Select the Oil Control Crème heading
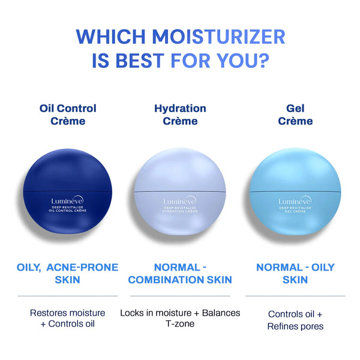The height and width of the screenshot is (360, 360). coord(68,115)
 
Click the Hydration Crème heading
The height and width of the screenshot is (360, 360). coord(180,115)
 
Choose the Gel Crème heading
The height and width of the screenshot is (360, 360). coord(295,115)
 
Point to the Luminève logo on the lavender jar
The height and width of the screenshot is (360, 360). coord(179,202)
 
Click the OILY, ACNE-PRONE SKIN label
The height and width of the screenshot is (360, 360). coord(68,273)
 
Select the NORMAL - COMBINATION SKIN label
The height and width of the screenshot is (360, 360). coord(180,273)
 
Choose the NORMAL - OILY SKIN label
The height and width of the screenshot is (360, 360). coord(295,273)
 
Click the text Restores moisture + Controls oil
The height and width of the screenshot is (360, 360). coord(68,319)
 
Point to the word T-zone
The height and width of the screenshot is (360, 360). coord(180,324)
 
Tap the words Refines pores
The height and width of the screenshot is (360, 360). coord(295,326)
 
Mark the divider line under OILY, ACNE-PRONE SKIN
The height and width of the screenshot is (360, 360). coord(68,296)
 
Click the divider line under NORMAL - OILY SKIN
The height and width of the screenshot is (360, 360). coord(295,296)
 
